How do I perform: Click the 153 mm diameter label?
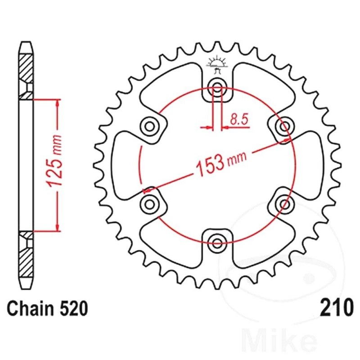pos(221,163)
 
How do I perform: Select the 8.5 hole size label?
pos(239,120)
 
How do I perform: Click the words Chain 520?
pos(48,308)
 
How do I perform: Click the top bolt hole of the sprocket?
pos(217,88)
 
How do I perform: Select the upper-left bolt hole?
pos(150,126)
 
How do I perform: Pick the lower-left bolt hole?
pos(150,204)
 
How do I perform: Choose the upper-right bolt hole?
pos(284,126)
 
